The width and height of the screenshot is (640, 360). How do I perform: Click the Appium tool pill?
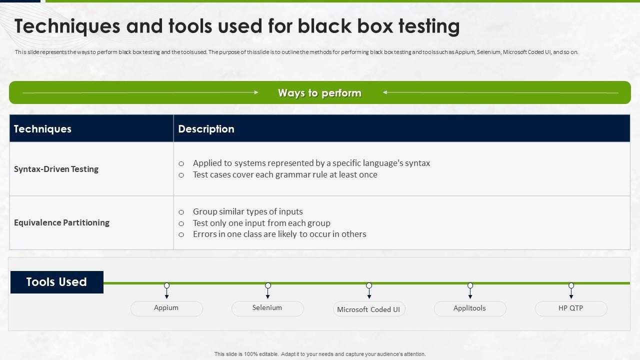[x=166, y=308]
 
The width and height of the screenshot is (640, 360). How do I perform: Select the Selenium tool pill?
[x=267, y=308]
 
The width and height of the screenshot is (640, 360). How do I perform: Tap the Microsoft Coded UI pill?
[x=369, y=309]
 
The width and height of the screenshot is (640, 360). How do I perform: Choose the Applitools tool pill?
[x=470, y=308]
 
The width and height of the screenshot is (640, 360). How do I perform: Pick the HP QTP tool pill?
[x=571, y=308]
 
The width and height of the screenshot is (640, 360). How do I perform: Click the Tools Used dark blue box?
[x=57, y=282]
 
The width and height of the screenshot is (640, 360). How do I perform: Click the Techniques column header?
[x=42, y=129]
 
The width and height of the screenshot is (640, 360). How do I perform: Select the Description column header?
[x=206, y=129]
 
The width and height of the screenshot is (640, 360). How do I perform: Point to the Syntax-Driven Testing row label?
[x=56, y=169]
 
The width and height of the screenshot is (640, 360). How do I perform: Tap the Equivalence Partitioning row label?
[x=61, y=222]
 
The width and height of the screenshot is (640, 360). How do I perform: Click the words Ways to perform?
[x=319, y=93]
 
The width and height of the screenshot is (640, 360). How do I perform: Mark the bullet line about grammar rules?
[x=285, y=174]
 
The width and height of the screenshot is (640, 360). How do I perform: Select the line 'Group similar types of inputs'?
[x=248, y=211]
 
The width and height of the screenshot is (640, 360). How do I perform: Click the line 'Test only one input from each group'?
[x=261, y=223]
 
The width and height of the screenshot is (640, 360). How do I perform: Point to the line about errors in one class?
[x=279, y=234]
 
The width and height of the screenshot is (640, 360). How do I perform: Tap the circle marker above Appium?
[x=167, y=285]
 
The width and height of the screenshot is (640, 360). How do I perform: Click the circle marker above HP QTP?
[x=571, y=285]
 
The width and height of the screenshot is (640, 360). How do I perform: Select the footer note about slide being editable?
[x=320, y=354]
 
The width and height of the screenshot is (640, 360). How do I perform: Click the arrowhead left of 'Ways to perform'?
[x=256, y=92]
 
